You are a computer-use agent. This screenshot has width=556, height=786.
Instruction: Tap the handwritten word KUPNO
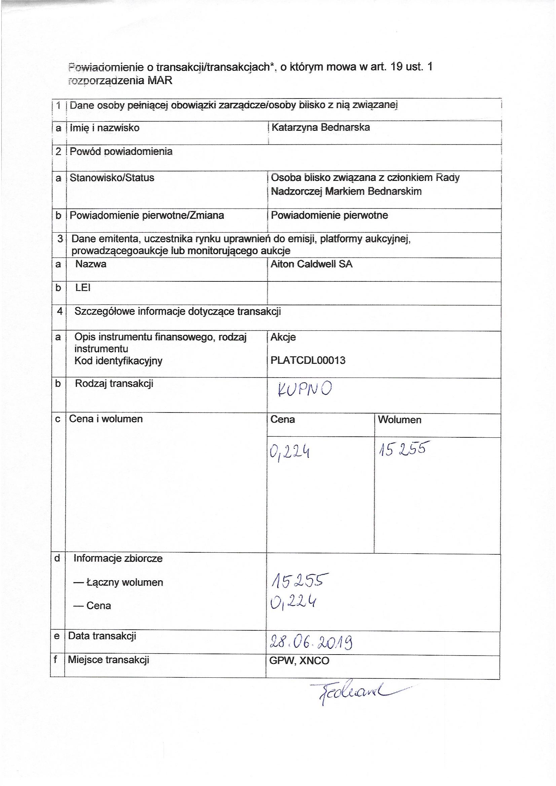(x=304, y=390)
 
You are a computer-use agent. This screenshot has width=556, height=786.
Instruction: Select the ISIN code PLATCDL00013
(x=308, y=360)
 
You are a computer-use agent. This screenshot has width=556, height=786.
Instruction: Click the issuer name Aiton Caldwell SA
(x=311, y=264)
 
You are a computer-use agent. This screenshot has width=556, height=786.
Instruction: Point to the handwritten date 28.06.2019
(x=311, y=642)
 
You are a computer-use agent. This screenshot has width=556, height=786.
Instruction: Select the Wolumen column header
(x=400, y=420)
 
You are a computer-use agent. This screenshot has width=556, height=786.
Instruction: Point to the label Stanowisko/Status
(x=112, y=178)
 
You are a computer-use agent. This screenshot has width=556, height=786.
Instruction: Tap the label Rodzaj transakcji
(x=114, y=383)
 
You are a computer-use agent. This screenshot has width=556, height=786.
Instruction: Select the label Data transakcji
(x=102, y=636)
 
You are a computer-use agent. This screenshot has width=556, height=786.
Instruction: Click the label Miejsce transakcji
(x=108, y=660)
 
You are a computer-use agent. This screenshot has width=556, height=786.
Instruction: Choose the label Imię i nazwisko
(x=105, y=128)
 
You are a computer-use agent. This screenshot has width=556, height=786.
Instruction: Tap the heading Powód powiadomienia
(x=121, y=151)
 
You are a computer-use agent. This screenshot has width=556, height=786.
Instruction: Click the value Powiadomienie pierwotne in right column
(x=329, y=215)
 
